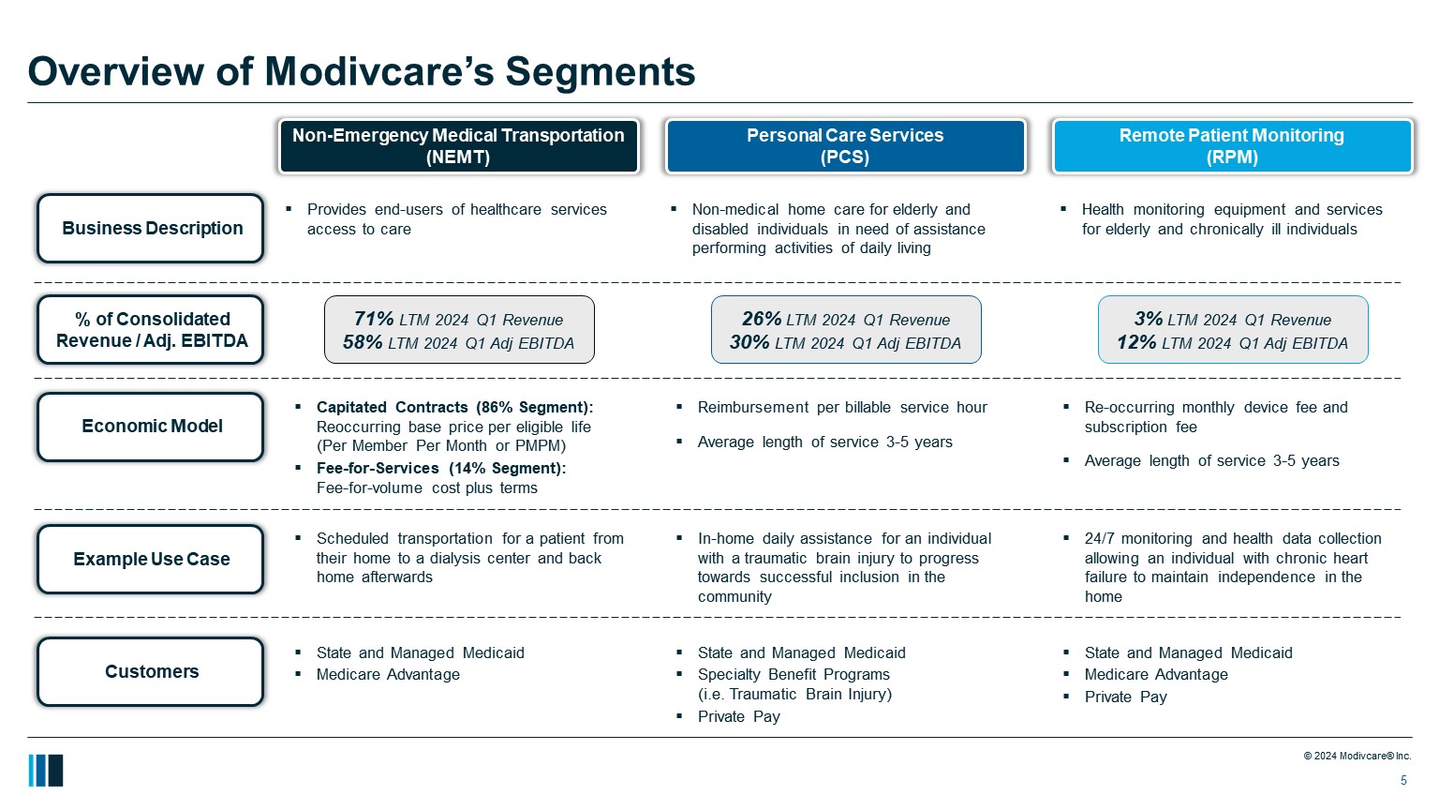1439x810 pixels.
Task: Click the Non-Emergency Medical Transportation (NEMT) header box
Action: (458, 146)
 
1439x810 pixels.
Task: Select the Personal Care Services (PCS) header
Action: (845, 146)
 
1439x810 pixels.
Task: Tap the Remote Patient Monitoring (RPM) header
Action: (1232, 146)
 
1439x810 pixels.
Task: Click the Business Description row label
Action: (151, 228)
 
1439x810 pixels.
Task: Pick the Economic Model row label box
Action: (151, 427)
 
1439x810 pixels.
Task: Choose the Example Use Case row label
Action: (151, 559)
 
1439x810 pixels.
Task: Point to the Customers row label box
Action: (151, 671)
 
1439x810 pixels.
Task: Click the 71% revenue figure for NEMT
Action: (374, 319)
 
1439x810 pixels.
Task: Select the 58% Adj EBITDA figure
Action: (363, 342)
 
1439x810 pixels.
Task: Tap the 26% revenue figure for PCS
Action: (761, 319)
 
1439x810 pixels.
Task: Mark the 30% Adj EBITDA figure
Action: (749, 342)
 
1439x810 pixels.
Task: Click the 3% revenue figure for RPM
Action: (1148, 319)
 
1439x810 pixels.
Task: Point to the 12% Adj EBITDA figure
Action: (1136, 342)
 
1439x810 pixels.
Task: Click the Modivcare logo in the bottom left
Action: (46, 771)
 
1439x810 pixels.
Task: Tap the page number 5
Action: (1403, 781)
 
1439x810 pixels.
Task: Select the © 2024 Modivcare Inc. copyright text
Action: (1357, 756)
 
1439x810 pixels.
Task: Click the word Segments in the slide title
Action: (600, 71)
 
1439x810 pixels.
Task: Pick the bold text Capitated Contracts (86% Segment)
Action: (454, 407)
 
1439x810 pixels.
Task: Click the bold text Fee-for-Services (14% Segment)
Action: (440, 468)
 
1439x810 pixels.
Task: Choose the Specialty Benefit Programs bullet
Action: (794, 674)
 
